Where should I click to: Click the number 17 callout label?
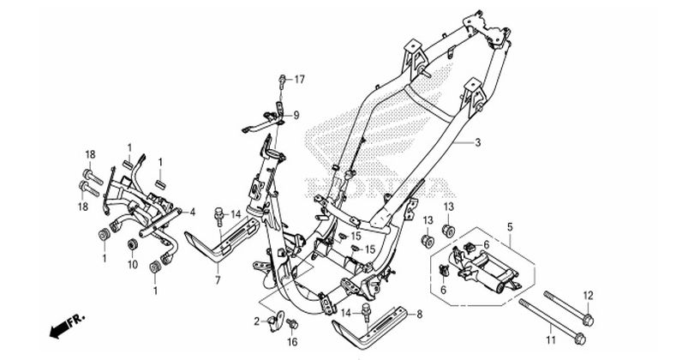click(300, 80)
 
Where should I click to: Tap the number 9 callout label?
click(296, 115)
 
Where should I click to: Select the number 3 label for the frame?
click(479, 143)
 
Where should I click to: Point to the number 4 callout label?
click(194, 211)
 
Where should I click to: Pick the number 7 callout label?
click(218, 280)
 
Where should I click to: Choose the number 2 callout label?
click(256, 321)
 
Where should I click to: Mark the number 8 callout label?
click(420, 316)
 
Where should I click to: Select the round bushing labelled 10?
click(132, 248)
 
